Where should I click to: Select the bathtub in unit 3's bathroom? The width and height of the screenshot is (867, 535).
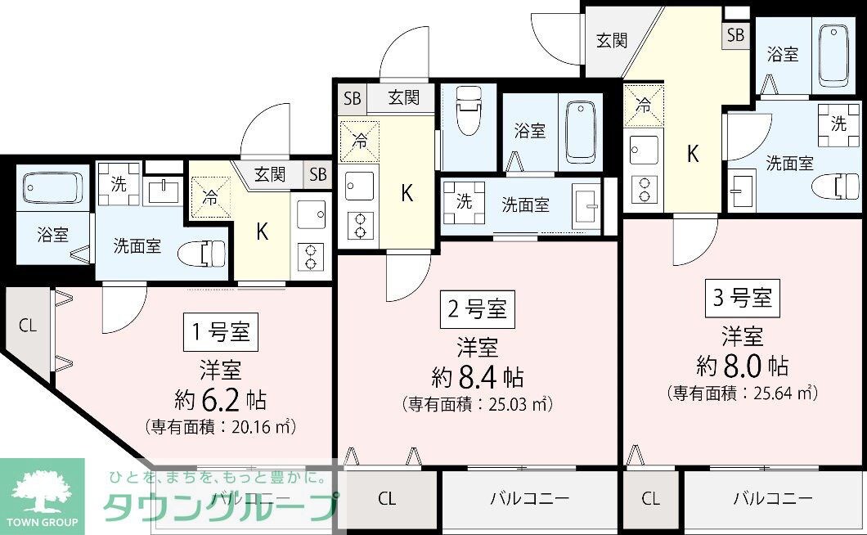[x=834, y=54]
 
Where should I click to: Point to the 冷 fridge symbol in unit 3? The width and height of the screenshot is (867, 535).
[x=645, y=106]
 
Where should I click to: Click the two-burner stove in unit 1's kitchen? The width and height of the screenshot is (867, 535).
[x=312, y=257]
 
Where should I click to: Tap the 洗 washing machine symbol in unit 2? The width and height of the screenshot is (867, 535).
[x=464, y=202]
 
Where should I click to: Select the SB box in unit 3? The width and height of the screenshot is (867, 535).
[x=735, y=34]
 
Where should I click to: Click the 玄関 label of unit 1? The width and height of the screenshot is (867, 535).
[x=269, y=173]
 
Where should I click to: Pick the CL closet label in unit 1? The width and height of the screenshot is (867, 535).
[x=28, y=325]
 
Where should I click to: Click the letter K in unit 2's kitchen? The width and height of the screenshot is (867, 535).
[x=407, y=193]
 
